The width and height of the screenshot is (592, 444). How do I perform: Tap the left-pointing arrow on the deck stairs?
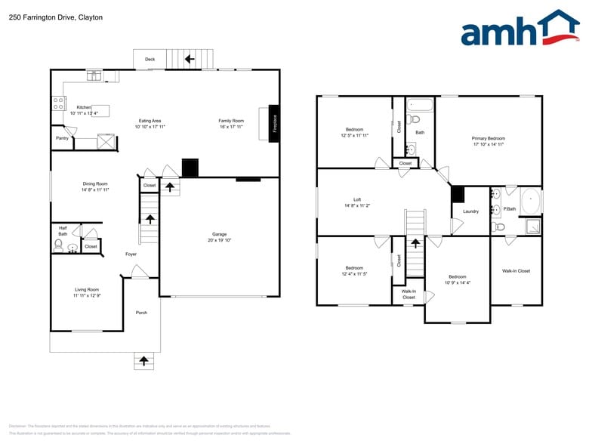click(189, 58)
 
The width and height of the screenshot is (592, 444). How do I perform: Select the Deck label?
click(150, 58)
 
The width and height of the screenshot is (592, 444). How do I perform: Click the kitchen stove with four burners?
click(57, 103)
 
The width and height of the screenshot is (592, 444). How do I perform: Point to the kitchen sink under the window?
click(94, 75)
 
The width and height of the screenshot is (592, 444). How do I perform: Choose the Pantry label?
click(62, 138)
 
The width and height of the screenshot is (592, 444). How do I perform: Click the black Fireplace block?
click(274, 122)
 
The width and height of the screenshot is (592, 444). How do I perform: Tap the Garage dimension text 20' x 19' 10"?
click(219, 241)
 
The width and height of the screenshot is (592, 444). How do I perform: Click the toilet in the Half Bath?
click(58, 245)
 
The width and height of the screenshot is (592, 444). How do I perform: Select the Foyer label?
click(131, 254)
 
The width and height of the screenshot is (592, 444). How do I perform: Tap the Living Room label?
click(86, 289)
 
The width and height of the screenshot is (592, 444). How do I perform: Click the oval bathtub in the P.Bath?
click(531, 202)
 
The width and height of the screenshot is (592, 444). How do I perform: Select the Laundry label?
click(470, 211)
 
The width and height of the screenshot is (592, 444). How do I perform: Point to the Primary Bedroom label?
click(488, 138)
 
